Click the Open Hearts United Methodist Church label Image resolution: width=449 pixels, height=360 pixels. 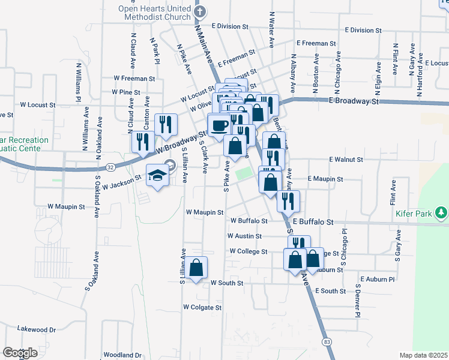pos(154,13)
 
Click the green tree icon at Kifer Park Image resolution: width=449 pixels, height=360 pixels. pos(442,212)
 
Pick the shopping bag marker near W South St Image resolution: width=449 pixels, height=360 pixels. pos(196,268)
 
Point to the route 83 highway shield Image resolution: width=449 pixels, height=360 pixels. pos(327,341)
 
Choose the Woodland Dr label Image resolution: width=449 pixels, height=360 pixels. pos(122,355)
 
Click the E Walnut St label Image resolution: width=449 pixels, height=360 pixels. pos(346,160)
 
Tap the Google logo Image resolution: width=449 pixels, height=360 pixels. pos(20,353)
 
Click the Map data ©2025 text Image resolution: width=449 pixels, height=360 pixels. pos(423,355)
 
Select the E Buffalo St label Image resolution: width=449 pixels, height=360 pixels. pos(313,222)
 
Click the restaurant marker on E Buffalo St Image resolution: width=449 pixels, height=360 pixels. pos(288,202)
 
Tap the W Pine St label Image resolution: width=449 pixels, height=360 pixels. pos(126,92)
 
